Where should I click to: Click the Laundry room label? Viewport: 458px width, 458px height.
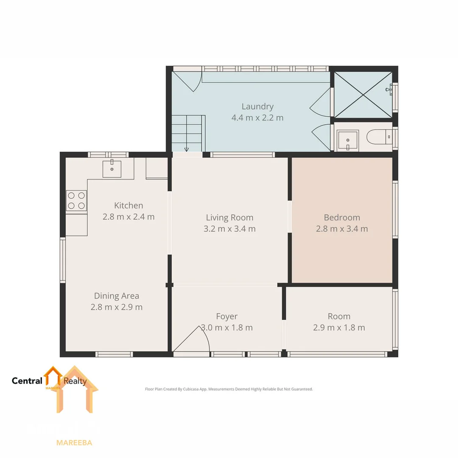(x=257, y=106)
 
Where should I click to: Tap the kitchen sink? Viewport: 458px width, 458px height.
(x=112, y=168)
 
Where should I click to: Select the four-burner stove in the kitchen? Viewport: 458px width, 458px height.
(x=76, y=201)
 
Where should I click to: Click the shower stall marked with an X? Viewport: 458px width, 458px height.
(x=363, y=95)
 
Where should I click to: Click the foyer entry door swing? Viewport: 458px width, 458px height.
(x=193, y=340)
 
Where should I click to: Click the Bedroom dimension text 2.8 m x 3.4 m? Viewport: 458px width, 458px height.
(x=342, y=229)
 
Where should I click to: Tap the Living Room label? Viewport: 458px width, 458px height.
(x=229, y=218)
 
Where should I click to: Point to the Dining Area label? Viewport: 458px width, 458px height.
(x=117, y=296)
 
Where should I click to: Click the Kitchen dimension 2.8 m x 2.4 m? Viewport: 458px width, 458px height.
(x=128, y=217)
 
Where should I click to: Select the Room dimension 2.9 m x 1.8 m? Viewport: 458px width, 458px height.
(x=339, y=327)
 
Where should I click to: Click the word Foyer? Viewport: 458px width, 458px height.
(x=227, y=316)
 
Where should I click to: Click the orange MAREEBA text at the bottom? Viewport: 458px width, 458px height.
(x=74, y=443)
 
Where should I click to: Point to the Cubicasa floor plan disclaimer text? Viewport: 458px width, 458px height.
(x=229, y=389)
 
